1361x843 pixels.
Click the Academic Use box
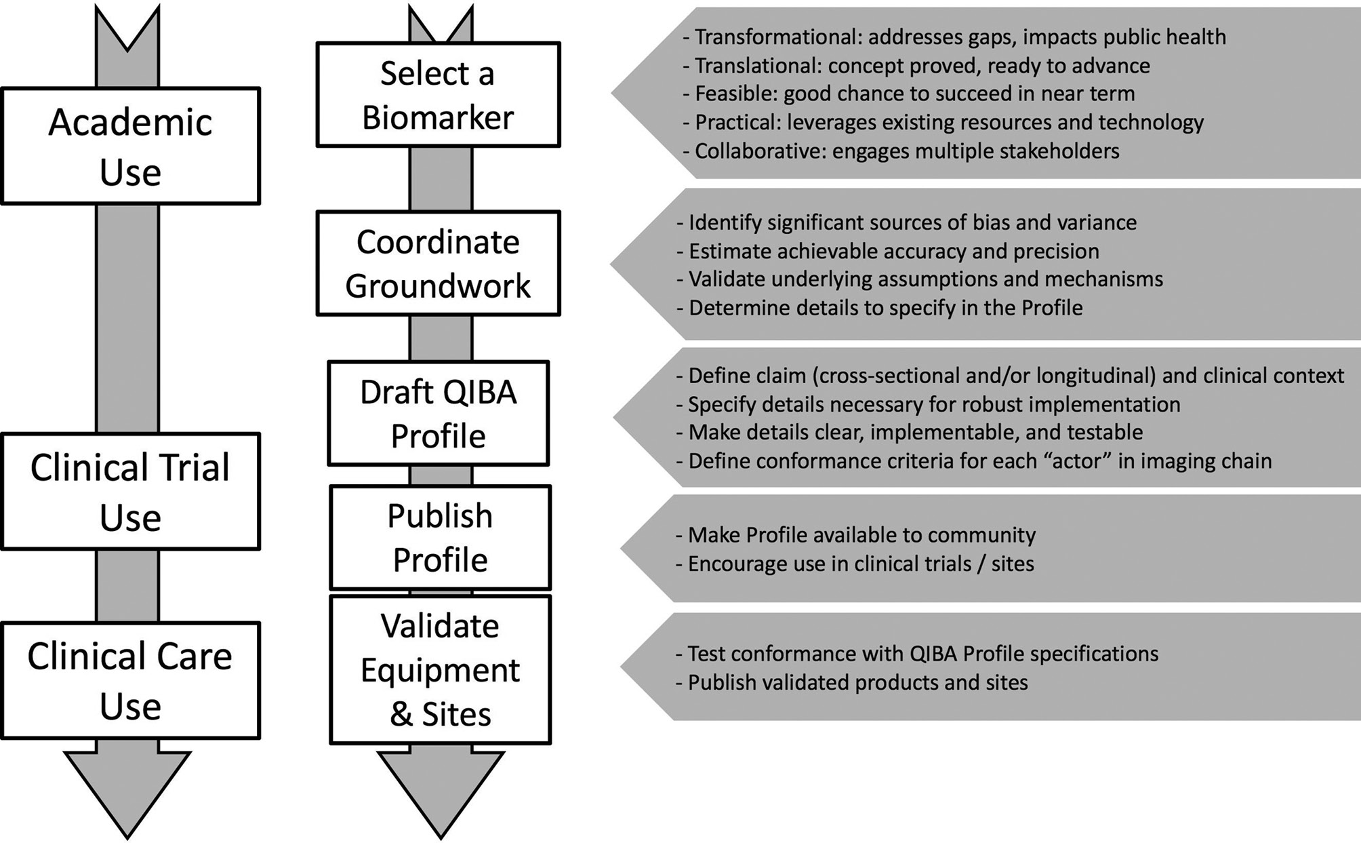pos(130,146)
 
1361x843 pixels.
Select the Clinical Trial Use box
pos(130,491)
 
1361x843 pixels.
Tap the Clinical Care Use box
pos(130,680)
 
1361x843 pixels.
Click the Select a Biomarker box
pos(438,95)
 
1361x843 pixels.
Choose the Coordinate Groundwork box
pos(438,263)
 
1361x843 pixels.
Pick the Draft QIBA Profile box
pos(438,413)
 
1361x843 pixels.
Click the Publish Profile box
pos(440,537)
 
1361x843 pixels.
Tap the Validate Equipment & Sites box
pos(440,669)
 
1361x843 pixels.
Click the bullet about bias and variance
pos(912,222)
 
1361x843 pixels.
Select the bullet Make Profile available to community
pos(861,535)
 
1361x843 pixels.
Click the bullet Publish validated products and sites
pos(857,682)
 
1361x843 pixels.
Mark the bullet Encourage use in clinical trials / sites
pos(860,564)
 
